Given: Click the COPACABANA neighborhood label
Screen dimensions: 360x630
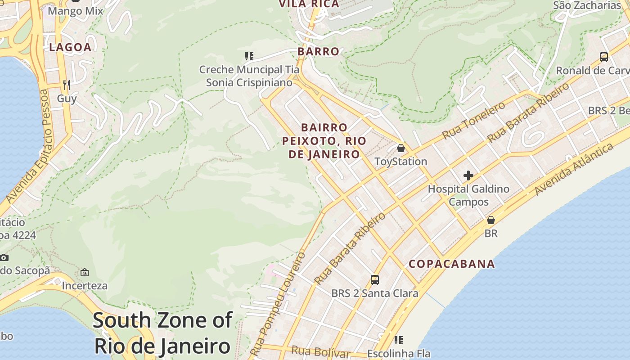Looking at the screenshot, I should coord(451,264).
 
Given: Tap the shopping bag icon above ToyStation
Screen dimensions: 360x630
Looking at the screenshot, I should coord(400,148).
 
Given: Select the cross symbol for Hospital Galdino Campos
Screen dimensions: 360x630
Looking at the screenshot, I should coord(468,175).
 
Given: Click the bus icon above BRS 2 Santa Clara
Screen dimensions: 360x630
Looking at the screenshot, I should coord(375,279).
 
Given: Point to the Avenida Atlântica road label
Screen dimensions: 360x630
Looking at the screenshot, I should coord(574,169).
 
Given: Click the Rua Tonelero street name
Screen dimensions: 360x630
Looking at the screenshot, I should coord(474,120).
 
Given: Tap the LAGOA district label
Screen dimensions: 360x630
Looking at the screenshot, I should coord(70,47).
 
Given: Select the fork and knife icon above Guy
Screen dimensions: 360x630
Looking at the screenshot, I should coord(67,85).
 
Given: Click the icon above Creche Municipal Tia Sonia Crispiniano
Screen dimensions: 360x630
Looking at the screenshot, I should coord(249,56).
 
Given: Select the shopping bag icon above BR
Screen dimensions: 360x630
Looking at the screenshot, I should coord(491,220).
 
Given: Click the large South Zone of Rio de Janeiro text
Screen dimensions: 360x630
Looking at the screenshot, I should coord(162,333).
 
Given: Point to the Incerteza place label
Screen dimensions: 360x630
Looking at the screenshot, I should coord(85,286).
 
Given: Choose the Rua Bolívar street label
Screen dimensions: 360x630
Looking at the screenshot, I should coord(320,351).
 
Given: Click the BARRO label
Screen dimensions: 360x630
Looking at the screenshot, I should coord(318,51).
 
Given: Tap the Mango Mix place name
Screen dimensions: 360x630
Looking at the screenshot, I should coord(75,11).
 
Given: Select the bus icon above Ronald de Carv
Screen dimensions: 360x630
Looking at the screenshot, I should coord(604,57).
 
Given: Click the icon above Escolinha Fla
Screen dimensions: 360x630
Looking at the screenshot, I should coord(399,340).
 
